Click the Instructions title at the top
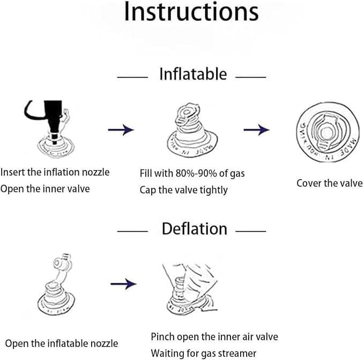coord(191,12)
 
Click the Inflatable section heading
coord(193,74)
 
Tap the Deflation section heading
coord(195,229)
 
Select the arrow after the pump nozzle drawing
coord(121,130)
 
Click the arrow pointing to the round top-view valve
coord(257,130)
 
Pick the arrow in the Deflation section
coord(123,284)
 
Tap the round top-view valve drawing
coord(328,132)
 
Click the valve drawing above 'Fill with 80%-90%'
coord(192,130)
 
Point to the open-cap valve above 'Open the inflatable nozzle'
coord(56,284)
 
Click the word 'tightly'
coord(214,190)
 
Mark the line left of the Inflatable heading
coord(132,77)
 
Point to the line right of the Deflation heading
coord(251,231)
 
